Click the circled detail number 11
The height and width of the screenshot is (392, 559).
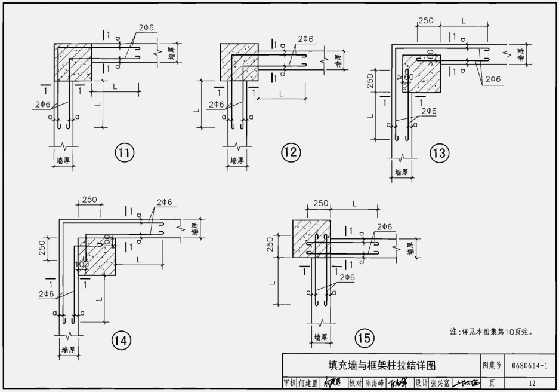[x=125, y=153]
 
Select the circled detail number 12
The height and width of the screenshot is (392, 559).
[x=291, y=153]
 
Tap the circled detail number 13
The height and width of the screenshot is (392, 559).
[x=438, y=154]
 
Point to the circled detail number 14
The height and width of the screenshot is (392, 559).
[x=121, y=341]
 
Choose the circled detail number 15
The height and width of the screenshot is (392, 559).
[x=364, y=339]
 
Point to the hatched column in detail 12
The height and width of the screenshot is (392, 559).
[x=239, y=62]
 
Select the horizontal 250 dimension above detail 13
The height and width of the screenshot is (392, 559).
[x=425, y=20]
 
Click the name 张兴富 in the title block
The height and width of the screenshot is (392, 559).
[x=439, y=383]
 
